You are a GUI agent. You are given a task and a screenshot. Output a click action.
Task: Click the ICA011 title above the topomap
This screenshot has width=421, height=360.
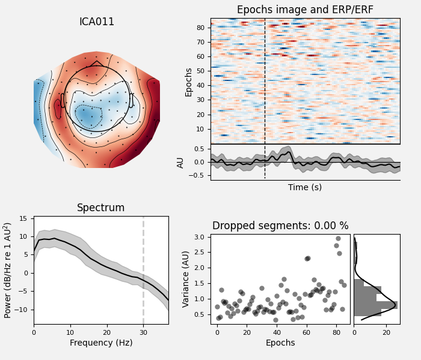pyautogui.click(x=97, y=22)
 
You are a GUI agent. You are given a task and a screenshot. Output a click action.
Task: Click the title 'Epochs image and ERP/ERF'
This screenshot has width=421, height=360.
pyautogui.click(x=305, y=10)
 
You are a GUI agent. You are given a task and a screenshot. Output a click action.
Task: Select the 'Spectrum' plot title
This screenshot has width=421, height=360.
pyautogui.click(x=100, y=208)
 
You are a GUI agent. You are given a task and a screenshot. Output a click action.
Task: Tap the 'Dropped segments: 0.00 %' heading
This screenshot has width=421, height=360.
pyautogui.click(x=280, y=226)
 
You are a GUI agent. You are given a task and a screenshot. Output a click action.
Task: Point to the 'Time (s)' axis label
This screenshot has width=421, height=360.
pyautogui.click(x=305, y=187)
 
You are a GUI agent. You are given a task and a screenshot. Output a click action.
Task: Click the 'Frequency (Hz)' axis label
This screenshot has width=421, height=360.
pyautogui.click(x=100, y=343)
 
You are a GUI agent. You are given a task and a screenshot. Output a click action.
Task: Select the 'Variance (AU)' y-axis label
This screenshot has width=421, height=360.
pyautogui.click(x=187, y=279)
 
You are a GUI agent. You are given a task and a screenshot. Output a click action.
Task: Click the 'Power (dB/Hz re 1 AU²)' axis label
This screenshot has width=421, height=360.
pyautogui.click(x=8, y=270)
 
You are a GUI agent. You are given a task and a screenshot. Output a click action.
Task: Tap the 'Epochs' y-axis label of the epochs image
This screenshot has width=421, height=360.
pyautogui.click(x=189, y=82)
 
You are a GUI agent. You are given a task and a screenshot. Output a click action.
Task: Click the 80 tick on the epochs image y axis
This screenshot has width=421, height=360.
pyautogui.click(x=202, y=28)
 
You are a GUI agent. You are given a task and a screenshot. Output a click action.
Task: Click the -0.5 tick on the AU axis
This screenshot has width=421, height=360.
pyautogui.click(x=197, y=176)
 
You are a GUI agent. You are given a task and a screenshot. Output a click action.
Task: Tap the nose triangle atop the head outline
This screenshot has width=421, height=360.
pyautogui.click(x=96, y=63)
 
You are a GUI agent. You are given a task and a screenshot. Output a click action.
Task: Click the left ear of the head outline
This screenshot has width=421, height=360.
pyautogui.click(x=63, y=100)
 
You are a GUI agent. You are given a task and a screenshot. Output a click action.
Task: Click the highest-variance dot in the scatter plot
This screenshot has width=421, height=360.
pyautogui.click(x=338, y=238)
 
